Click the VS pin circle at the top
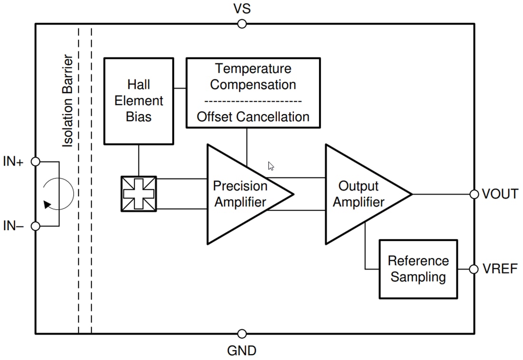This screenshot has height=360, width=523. (x=242, y=24)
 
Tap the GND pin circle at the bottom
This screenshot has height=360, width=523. (x=242, y=334)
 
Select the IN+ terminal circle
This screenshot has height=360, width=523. (x=35, y=162)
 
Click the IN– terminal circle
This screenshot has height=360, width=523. (x=35, y=226)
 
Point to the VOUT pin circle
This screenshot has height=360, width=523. (x=474, y=194)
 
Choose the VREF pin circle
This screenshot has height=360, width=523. (x=474, y=269)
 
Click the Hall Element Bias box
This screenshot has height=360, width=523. (x=138, y=101)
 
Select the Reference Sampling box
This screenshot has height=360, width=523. (x=418, y=269)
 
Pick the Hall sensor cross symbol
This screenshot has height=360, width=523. (x=138, y=194)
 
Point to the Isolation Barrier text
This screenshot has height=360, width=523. (x=68, y=101)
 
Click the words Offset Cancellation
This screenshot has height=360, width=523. (x=253, y=117)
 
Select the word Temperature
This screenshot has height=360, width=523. (x=253, y=68)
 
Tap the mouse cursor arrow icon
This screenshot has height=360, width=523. (x=271, y=166)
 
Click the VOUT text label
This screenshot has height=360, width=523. (x=500, y=194)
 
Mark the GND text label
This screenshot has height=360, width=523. (x=242, y=351)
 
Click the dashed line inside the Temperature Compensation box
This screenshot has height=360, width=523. (x=253, y=101)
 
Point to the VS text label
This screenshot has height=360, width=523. (x=242, y=9)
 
